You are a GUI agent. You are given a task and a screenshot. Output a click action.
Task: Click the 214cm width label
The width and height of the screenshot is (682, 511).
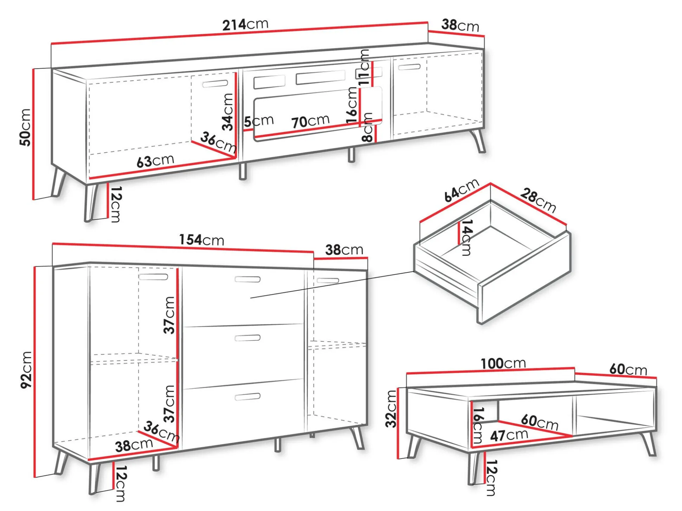click(x=245, y=25)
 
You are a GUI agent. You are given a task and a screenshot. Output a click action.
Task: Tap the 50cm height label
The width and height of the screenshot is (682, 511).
click(x=25, y=127)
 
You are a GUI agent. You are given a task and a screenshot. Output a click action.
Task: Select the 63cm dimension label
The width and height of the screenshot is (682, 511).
click(x=155, y=161)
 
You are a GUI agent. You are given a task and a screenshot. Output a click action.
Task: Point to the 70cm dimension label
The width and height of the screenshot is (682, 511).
click(x=310, y=121)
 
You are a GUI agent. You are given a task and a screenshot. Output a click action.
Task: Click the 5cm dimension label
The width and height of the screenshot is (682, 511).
click(x=259, y=121)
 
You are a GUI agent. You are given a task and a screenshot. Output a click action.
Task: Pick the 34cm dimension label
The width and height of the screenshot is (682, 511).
click(x=227, y=112)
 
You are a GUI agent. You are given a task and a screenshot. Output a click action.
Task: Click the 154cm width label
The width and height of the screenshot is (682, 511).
click(x=201, y=240)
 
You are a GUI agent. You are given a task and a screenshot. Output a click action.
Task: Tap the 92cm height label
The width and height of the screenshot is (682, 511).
click(x=26, y=370)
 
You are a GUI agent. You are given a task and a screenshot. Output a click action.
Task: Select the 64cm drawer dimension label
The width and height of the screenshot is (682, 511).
click(x=461, y=190)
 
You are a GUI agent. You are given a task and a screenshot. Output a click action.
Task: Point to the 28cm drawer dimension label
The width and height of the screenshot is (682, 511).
click(x=538, y=200)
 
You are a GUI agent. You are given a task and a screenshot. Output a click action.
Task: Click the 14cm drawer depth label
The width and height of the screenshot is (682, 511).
click(x=467, y=238)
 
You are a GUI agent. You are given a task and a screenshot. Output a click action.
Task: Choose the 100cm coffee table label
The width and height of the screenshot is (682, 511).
click(x=503, y=363)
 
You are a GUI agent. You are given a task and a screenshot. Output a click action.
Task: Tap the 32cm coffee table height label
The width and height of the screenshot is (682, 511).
click(x=391, y=409)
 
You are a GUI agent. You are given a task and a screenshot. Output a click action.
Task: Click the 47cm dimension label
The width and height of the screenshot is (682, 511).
click(x=509, y=435)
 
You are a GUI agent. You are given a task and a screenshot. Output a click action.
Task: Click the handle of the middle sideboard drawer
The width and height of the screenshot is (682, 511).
click(x=247, y=338)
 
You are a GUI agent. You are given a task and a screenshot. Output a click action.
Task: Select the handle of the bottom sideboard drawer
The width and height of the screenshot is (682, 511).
click(x=247, y=397)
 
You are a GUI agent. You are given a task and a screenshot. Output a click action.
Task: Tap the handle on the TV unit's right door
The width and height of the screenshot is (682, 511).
click(x=409, y=67)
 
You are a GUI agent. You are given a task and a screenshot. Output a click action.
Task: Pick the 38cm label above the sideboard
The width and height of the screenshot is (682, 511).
click(x=344, y=250)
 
